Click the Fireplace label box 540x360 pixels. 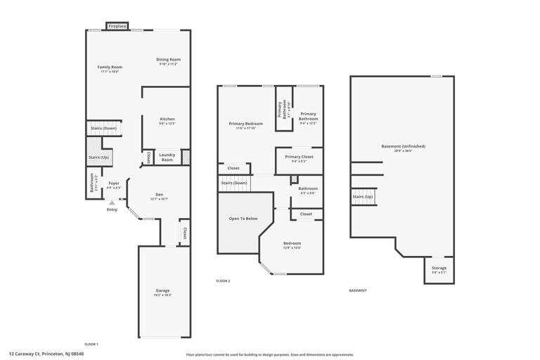117,26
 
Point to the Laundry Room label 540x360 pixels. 167,157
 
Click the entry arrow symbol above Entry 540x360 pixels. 111,202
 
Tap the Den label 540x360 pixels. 159,196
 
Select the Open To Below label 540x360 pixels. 243,219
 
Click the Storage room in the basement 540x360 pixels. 439,270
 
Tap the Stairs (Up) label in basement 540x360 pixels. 363,197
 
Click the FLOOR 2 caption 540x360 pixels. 223,281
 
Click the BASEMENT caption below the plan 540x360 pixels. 358,290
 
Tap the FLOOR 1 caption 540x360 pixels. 91,344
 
